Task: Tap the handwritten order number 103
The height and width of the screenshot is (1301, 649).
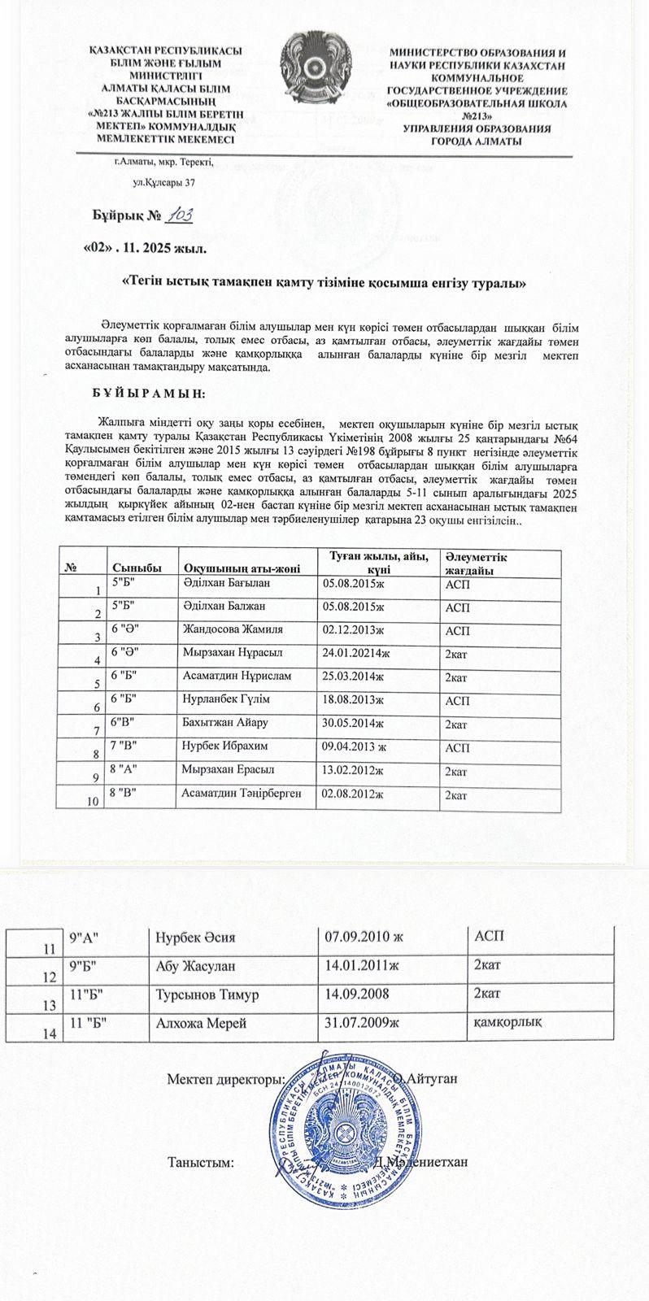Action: (178, 215)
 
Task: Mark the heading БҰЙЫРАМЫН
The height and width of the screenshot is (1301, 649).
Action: (151, 394)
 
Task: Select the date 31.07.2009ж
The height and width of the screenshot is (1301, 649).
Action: (362, 1022)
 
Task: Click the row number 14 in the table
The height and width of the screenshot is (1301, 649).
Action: (50, 1032)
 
